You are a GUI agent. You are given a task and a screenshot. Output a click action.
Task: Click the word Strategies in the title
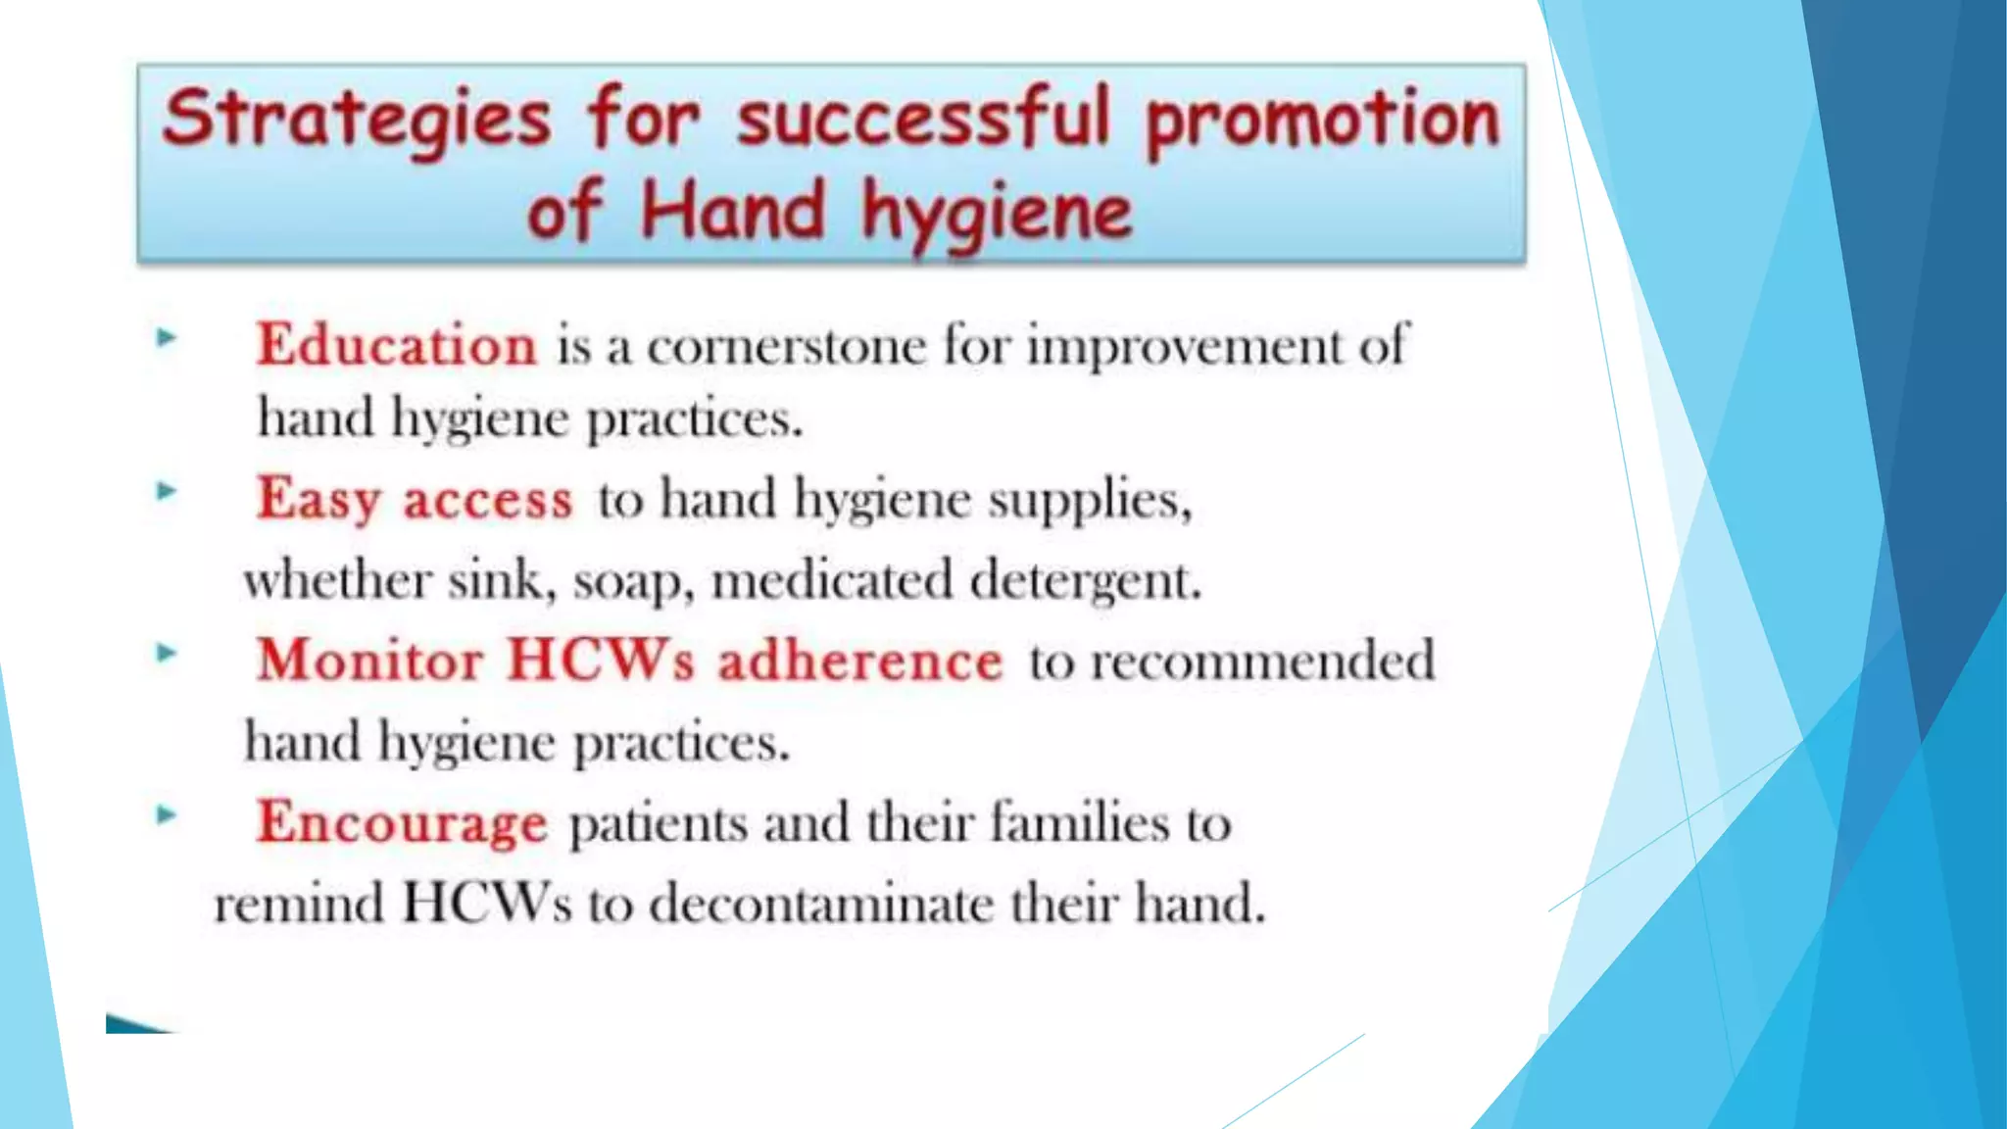[357, 120]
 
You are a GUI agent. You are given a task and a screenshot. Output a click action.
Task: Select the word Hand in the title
[732, 212]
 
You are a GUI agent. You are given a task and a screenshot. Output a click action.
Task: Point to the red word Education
[397, 345]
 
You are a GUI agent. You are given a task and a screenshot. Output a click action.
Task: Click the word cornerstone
[786, 346]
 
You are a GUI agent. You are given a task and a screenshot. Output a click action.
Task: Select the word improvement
[1185, 346]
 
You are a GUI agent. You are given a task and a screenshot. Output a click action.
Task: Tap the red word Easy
[318, 500]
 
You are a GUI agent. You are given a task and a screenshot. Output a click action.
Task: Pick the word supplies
[1089, 500]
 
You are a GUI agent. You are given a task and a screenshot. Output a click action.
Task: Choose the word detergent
[1085, 581]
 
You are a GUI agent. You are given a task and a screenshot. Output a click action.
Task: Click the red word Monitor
[370, 660]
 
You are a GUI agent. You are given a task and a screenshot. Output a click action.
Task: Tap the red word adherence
[860, 661]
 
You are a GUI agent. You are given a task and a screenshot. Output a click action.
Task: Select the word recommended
[1262, 661]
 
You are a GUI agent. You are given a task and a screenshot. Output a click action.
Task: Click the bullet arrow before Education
[167, 338]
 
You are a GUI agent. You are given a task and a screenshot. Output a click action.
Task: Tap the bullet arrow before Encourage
[167, 814]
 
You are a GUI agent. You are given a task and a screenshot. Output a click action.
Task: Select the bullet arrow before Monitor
[167, 653]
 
